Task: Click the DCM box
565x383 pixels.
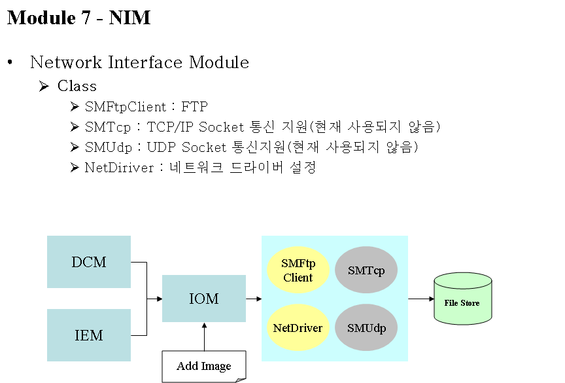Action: [89, 262]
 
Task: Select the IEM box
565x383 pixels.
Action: [89, 335]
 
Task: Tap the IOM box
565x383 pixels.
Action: [204, 299]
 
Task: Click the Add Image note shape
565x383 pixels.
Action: [204, 367]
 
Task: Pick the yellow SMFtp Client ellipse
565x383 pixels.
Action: [298, 270]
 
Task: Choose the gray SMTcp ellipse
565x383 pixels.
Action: [366, 270]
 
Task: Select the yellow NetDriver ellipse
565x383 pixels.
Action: [298, 327]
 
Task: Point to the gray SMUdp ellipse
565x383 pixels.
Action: [366, 327]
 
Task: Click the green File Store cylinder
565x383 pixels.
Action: [463, 299]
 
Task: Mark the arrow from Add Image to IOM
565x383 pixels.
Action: [204, 337]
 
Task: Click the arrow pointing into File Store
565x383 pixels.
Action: [421, 299]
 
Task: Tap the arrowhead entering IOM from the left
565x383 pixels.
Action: [160, 299]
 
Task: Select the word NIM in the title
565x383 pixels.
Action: [129, 18]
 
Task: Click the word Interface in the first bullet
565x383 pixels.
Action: [145, 62]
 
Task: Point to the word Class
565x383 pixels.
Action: [77, 86]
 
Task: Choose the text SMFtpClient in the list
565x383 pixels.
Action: [126, 107]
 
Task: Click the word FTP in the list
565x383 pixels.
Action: [195, 107]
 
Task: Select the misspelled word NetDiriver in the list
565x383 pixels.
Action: [119, 168]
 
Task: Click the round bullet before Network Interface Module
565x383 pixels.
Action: [10, 62]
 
